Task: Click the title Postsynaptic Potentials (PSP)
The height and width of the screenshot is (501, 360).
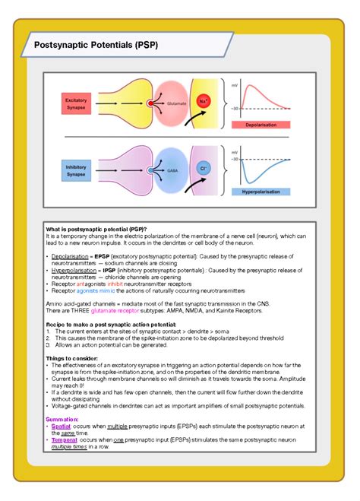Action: [96, 45]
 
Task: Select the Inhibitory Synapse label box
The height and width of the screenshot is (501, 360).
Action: [76, 171]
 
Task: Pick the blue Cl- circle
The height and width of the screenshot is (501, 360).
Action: [203, 169]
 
